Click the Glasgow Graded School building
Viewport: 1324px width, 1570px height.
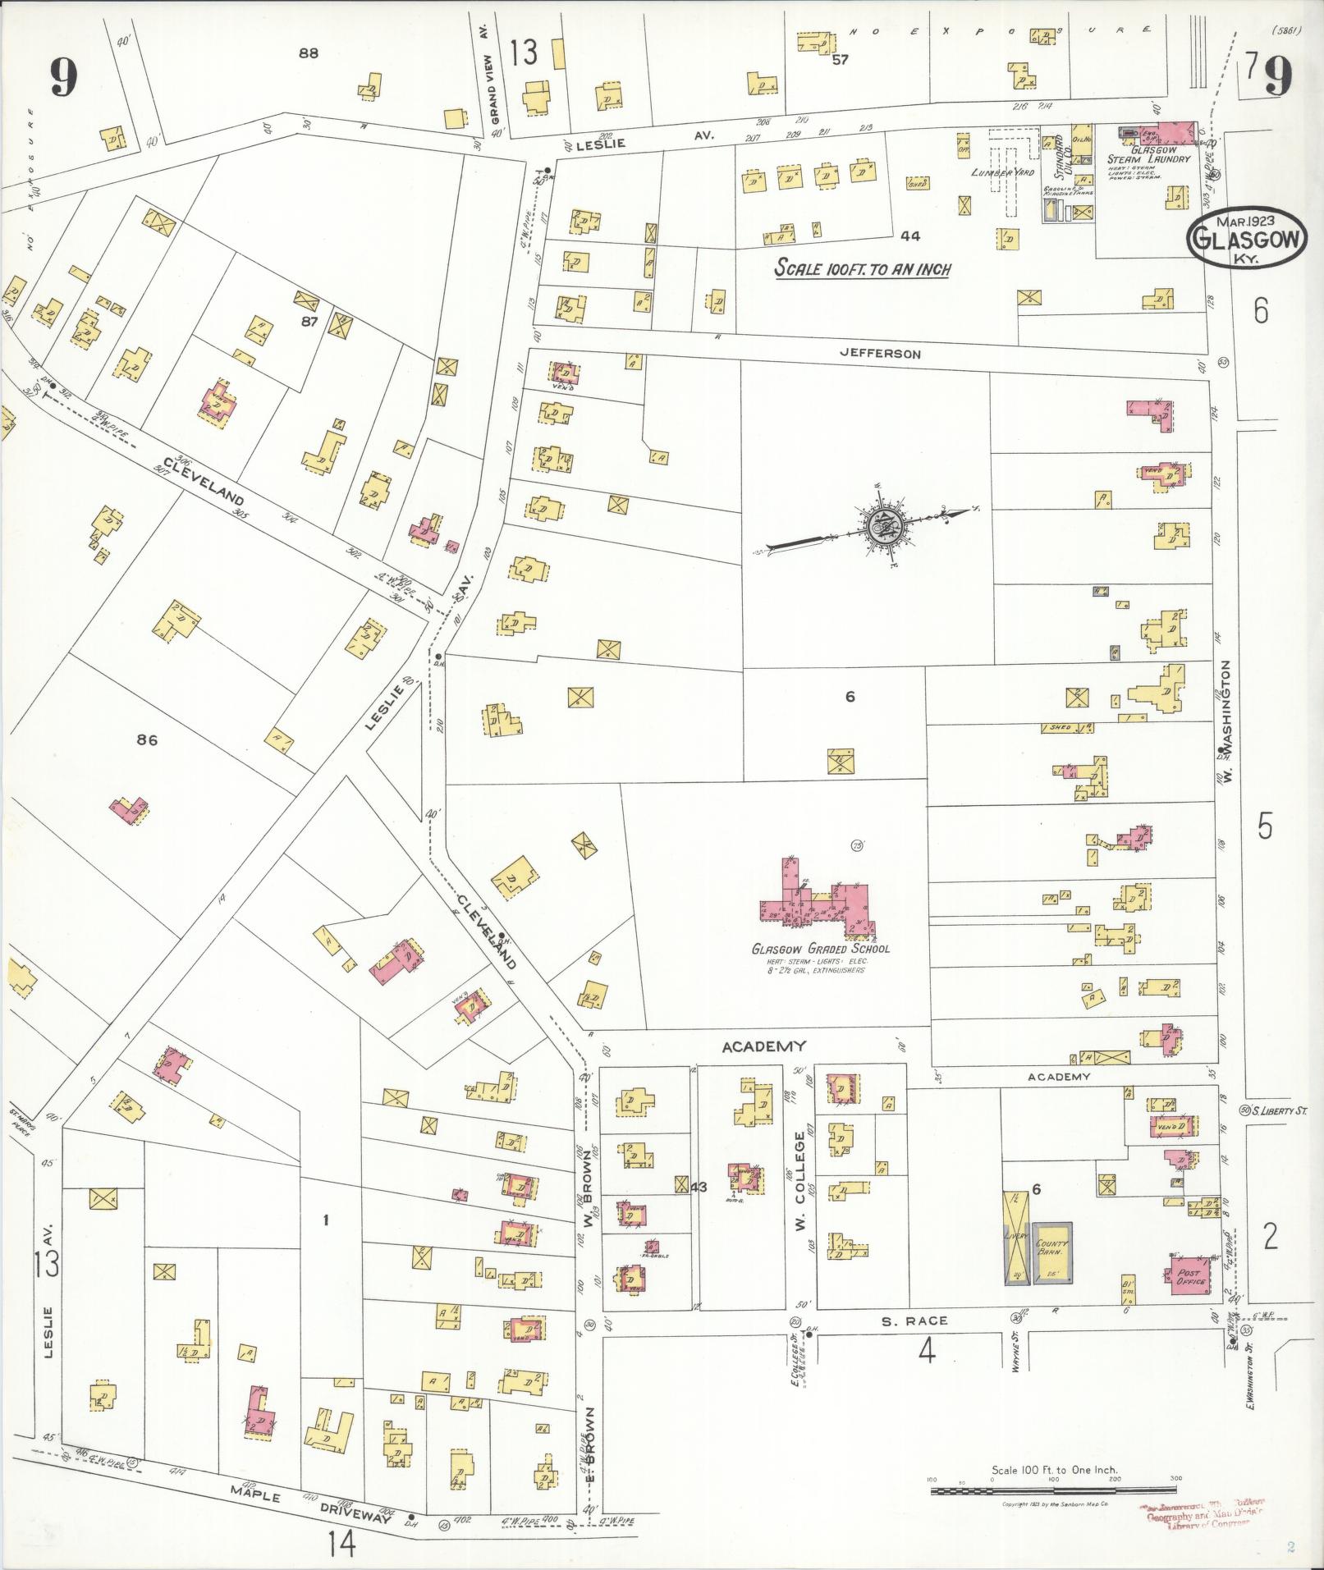[813, 899]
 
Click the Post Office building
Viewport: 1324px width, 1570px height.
[1188, 1278]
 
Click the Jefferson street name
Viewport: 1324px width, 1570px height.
[879, 355]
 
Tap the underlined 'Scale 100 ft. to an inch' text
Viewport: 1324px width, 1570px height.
[863, 268]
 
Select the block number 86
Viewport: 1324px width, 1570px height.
[147, 739]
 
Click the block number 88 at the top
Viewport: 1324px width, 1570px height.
[308, 53]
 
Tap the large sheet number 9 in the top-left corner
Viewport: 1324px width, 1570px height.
[62, 78]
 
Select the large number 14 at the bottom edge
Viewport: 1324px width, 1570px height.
[341, 1545]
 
